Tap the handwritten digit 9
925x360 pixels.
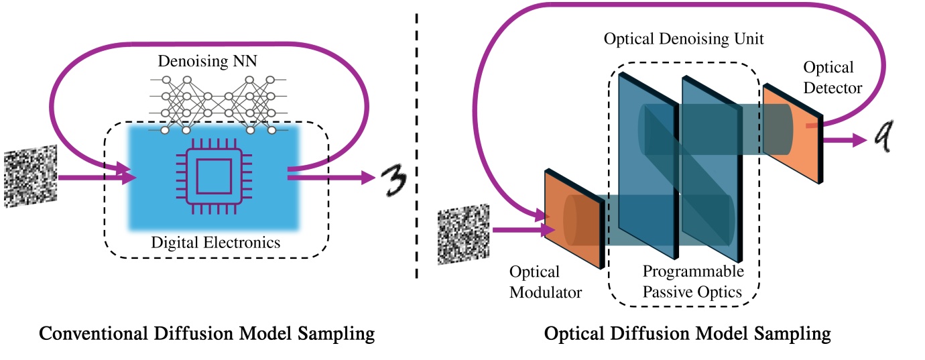click(x=884, y=139)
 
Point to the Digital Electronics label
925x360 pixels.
click(x=217, y=242)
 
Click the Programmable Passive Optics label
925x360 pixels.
click(x=693, y=282)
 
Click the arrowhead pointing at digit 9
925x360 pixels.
click(x=855, y=140)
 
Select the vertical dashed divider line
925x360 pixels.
click(x=418, y=144)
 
